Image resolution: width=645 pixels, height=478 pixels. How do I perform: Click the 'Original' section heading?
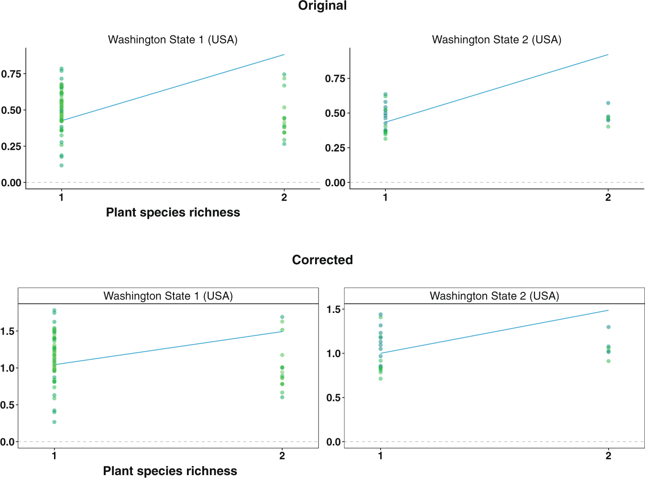(322, 6)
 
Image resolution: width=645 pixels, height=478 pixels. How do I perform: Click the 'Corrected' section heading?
(322, 260)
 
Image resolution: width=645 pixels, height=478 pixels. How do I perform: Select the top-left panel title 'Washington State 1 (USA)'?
(173, 40)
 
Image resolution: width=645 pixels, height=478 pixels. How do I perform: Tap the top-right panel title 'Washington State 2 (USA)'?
(496, 40)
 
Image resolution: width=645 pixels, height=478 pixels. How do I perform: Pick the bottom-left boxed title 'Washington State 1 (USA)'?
(168, 296)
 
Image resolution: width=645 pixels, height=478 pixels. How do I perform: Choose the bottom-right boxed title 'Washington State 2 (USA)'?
(494, 296)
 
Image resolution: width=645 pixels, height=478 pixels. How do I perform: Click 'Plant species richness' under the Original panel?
(173, 212)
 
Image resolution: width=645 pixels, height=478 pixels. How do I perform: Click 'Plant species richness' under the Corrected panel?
(170, 471)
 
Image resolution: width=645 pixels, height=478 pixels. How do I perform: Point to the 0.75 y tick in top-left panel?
(11, 74)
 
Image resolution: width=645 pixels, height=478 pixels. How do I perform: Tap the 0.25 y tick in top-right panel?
(335, 148)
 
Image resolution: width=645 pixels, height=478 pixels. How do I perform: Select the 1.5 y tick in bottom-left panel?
(8, 331)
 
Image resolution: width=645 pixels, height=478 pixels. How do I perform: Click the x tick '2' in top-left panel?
(284, 197)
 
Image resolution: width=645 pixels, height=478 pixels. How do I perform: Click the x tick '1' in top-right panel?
(385, 197)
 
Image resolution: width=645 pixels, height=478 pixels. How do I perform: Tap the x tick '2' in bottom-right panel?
(608, 456)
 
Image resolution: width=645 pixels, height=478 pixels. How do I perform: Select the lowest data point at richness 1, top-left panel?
(61, 166)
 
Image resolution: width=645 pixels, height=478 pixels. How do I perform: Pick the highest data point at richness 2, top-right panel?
(608, 103)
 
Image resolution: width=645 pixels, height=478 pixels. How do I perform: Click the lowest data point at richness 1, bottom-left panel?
(55, 422)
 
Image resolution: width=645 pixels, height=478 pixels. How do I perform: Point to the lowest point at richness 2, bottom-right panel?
(608, 361)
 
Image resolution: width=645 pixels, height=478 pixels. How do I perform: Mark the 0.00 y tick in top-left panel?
(11, 182)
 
